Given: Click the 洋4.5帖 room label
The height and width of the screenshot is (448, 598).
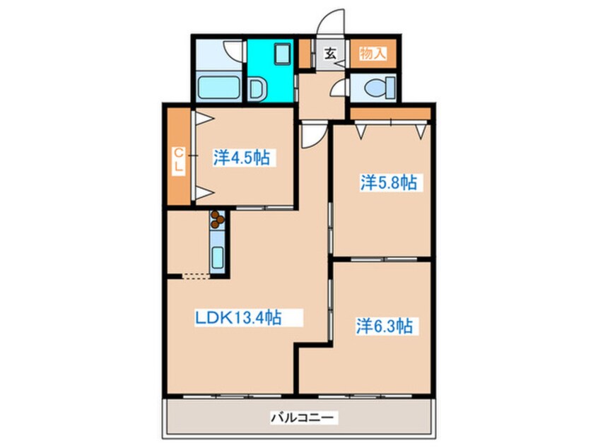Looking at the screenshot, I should (x=242, y=158).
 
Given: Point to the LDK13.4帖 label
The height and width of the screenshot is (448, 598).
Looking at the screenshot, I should (x=238, y=318).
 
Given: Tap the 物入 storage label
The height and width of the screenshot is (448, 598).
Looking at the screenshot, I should (x=372, y=53).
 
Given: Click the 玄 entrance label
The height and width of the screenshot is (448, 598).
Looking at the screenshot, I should (x=329, y=53).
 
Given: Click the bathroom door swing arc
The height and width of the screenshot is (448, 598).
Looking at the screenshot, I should (x=233, y=52).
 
